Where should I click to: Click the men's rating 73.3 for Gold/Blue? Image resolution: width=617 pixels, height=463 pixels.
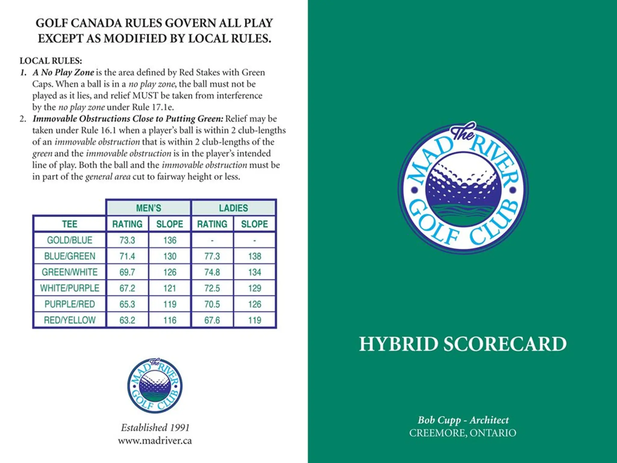[x=127, y=240]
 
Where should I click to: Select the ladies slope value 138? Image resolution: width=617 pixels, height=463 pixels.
[x=255, y=256]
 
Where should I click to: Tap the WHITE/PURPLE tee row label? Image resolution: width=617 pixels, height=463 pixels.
[x=70, y=288]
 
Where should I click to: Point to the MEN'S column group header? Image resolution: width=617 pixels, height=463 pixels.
[x=149, y=208]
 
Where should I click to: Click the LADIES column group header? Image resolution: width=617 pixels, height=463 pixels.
[x=233, y=208]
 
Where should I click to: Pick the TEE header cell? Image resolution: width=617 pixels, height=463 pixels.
[x=70, y=224]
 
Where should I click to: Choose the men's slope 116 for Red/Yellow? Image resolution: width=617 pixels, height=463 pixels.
[x=170, y=320]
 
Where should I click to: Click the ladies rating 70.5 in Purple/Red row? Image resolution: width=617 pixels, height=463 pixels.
[x=212, y=304]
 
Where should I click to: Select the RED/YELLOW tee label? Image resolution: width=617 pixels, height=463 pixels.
[x=70, y=320]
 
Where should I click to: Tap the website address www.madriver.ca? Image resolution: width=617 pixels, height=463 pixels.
[x=155, y=441]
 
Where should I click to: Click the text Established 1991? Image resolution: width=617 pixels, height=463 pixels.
[x=155, y=427]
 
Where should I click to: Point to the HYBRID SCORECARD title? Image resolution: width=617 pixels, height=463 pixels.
[x=463, y=344]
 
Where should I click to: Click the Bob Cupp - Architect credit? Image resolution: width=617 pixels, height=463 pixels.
[x=463, y=420]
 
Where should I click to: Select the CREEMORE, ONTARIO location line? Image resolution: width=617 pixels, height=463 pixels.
[x=463, y=433]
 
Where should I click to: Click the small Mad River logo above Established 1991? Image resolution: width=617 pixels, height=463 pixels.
[x=155, y=386]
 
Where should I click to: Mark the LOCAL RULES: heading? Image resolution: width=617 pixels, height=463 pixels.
[x=51, y=61]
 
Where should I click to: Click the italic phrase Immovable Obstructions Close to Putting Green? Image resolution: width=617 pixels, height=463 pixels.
[x=128, y=119]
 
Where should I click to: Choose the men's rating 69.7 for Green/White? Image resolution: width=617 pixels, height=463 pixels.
[x=127, y=272]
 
